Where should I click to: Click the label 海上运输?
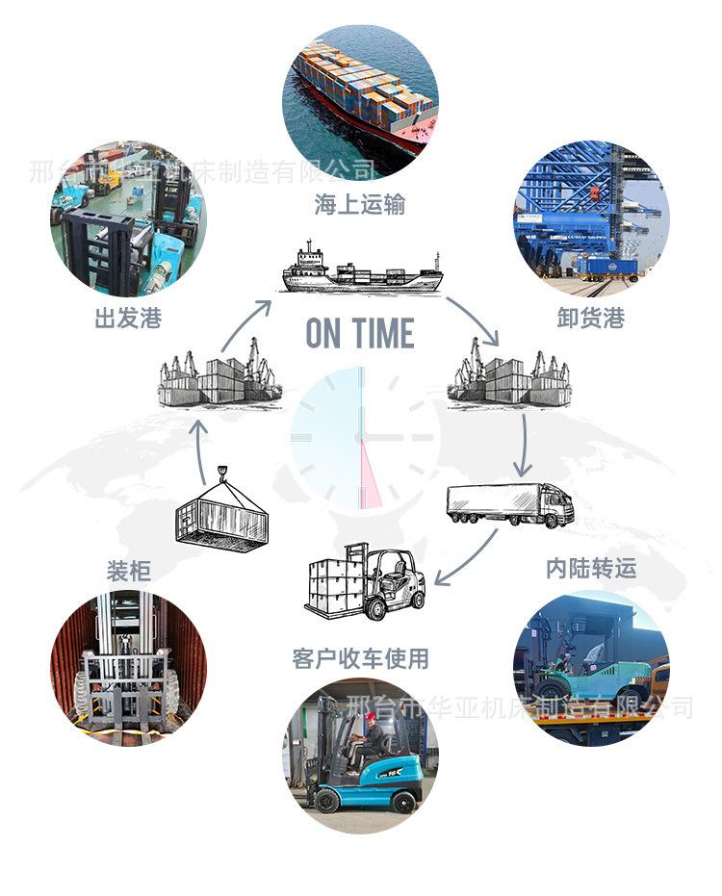pyautogui.click(x=359, y=205)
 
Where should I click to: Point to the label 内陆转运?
pyautogui.click(x=591, y=569)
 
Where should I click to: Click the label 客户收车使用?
pyautogui.click(x=360, y=659)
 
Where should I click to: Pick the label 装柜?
pyautogui.click(x=128, y=571)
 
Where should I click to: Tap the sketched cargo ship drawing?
pyautogui.click(x=361, y=270)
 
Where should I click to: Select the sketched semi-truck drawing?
pyautogui.click(x=509, y=504)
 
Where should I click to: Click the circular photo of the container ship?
pyautogui.click(x=360, y=101)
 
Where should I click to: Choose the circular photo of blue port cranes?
pyautogui.click(x=591, y=217)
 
